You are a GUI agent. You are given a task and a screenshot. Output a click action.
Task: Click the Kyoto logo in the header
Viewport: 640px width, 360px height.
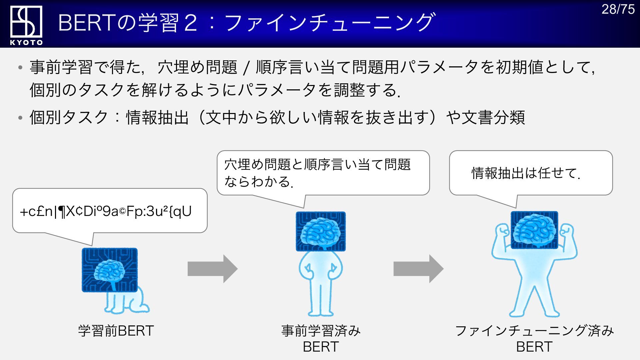pos(26,25)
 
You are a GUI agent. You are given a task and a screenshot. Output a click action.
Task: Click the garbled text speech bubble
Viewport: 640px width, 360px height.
pos(110,211)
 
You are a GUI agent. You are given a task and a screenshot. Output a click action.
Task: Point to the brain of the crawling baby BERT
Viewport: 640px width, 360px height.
pos(109,270)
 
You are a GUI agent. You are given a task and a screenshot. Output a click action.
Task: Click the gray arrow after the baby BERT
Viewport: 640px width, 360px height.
pos(212,269)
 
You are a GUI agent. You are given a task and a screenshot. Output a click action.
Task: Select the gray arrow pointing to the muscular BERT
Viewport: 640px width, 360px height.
pos(418,269)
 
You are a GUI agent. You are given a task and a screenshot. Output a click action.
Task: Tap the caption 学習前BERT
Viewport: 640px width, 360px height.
pos(116,331)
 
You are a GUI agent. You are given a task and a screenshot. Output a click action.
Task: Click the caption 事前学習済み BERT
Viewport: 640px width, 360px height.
pos(321,338)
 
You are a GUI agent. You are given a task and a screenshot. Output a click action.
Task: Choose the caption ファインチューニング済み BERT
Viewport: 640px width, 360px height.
pos(534,338)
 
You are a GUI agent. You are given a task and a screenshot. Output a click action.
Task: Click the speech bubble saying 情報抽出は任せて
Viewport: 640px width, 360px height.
pos(531,173)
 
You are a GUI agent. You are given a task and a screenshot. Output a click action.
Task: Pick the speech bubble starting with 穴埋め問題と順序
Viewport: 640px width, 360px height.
pos(323,173)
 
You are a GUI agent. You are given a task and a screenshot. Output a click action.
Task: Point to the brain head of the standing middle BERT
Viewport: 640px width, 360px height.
pos(321,231)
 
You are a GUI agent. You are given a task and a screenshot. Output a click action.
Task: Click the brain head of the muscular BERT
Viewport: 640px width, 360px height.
pos(534,230)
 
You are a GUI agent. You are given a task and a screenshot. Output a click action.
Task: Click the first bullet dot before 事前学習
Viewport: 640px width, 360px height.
pos(21,68)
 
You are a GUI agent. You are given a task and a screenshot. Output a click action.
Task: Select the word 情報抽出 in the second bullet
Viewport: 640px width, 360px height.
pos(157,117)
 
